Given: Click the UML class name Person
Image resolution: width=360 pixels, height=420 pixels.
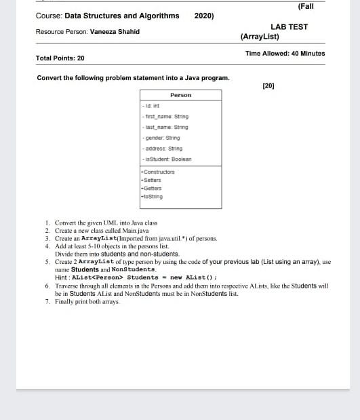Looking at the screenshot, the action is pos(180,96).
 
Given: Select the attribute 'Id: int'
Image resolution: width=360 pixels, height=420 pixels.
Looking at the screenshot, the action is pos(151,107).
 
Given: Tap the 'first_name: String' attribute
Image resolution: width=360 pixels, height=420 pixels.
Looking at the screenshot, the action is pos(165,117).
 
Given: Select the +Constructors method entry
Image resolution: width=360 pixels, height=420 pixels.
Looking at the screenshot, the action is pos(157,172).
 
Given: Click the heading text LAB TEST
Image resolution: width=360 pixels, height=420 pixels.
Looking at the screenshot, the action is pos(289,26).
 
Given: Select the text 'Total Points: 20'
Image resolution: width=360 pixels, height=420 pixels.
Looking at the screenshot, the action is pos(60,58).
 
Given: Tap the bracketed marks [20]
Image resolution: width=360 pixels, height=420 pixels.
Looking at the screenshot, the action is pos(268,86).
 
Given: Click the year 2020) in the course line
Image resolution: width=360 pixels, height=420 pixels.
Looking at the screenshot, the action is pos(204,16).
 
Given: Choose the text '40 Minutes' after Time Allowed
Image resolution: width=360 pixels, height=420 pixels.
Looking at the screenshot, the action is pos(308,54).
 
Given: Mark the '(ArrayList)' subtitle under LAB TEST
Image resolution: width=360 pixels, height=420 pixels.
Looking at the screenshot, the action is pos(260,37).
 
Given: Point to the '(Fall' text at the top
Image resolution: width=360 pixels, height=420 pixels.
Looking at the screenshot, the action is pos(306,6).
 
